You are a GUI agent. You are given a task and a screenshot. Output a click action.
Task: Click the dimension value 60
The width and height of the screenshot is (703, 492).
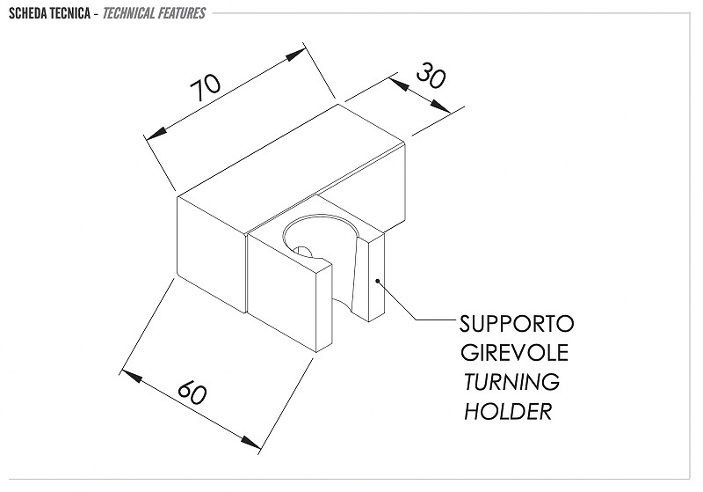click(x=192, y=392)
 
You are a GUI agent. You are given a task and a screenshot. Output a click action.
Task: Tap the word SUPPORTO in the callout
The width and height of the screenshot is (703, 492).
click(x=517, y=324)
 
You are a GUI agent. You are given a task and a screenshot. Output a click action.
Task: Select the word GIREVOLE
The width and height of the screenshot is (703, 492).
click(x=515, y=352)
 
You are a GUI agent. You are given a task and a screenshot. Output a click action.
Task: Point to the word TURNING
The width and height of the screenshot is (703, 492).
click(x=511, y=382)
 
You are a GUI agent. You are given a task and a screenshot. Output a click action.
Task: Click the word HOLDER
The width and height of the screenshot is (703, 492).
click(x=508, y=411)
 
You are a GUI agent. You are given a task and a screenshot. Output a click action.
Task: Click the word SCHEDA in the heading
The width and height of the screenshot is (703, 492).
click(x=28, y=13)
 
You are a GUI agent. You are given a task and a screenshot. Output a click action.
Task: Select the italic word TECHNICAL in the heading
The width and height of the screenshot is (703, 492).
click(x=128, y=13)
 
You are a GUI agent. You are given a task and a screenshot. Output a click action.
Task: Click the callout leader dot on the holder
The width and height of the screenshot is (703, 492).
click(x=378, y=282)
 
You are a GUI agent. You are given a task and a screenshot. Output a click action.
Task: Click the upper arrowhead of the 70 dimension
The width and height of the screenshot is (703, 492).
click(x=295, y=55)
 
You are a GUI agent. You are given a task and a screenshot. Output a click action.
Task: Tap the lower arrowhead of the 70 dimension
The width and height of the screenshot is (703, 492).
click(x=157, y=133)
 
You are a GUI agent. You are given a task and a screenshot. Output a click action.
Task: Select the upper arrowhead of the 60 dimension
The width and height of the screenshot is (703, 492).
click(x=131, y=376)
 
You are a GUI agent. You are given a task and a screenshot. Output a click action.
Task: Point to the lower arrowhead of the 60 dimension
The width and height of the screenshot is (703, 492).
click(x=250, y=441)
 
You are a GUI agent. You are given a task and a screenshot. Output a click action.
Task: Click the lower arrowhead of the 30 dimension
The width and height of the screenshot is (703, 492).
click(x=441, y=106)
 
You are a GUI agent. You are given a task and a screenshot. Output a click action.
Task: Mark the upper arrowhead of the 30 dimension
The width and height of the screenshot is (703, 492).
click(x=400, y=84)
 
